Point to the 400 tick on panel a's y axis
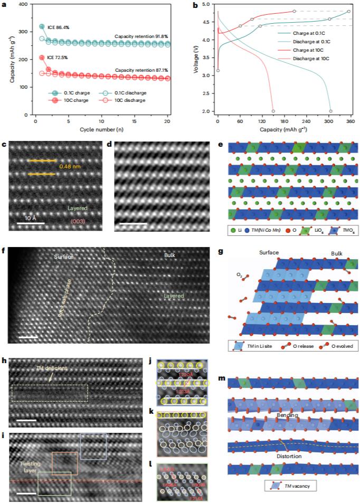coord(25,4)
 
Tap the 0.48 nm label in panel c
coord(69,168)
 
